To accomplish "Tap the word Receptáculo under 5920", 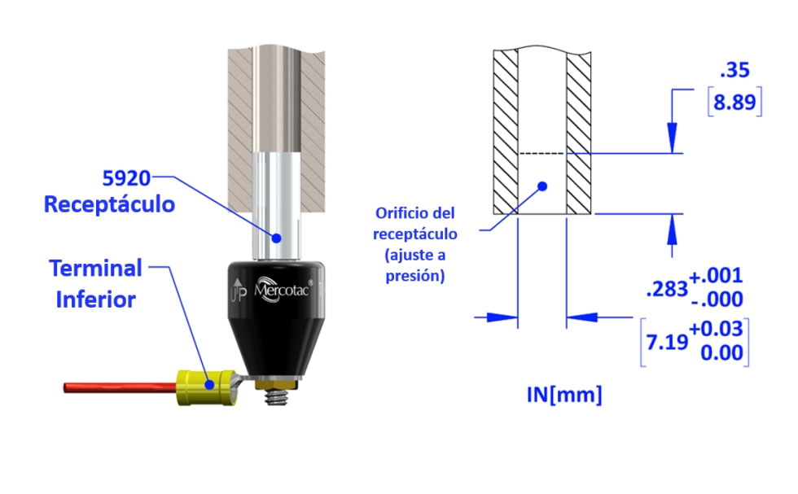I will tap(109, 204).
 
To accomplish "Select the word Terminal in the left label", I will tap(95, 268).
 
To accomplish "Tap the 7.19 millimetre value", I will tap(666, 343).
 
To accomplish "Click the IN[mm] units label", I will tap(564, 396).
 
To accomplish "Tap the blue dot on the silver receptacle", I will tap(277, 238).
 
